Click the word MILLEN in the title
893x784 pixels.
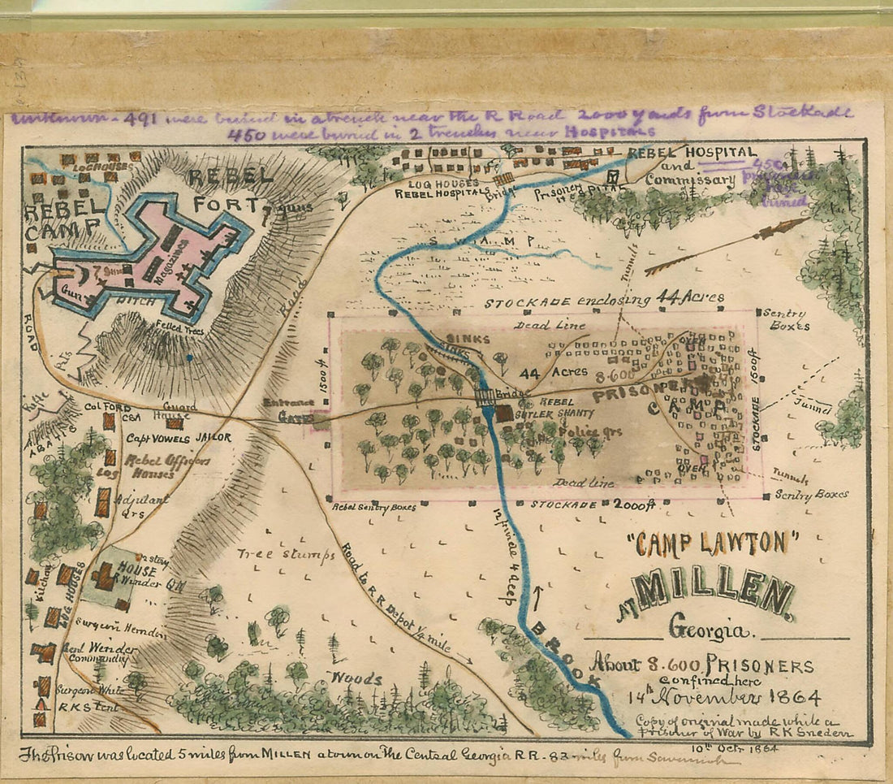click(714, 594)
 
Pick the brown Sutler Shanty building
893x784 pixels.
click(503, 413)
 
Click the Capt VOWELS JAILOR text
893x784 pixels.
click(178, 438)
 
